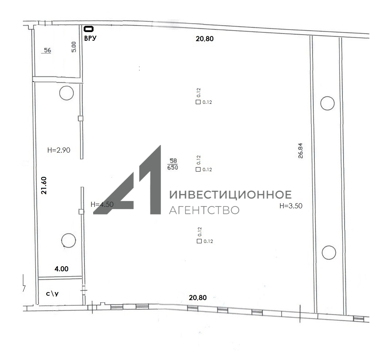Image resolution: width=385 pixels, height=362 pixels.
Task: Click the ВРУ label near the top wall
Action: (x=90, y=38)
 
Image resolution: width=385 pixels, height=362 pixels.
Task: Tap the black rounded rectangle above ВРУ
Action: (x=89, y=29)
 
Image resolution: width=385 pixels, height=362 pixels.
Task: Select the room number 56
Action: (x=47, y=50)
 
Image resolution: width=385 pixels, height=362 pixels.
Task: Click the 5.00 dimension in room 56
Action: (x=74, y=47)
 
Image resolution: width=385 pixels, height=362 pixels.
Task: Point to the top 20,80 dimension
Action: (x=205, y=39)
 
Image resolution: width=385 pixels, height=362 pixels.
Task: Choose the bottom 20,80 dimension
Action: (x=198, y=298)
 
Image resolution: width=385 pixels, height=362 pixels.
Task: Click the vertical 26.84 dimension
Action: (x=301, y=151)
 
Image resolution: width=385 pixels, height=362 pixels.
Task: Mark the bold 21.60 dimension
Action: (x=44, y=185)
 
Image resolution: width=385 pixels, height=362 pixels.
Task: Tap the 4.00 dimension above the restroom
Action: (x=61, y=269)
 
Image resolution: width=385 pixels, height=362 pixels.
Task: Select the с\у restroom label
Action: (x=52, y=294)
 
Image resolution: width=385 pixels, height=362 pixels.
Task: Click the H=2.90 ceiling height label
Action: (x=59, y=150)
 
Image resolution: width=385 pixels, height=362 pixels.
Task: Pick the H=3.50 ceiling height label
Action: (x=291, y=206)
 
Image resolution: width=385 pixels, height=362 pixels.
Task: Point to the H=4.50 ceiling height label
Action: (x=102, y=204)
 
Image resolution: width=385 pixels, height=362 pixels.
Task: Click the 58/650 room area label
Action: (x=173, y=164)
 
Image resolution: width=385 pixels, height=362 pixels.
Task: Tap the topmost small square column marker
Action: (x=198, y=102)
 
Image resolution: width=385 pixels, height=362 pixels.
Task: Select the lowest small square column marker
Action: (x=199, y=241)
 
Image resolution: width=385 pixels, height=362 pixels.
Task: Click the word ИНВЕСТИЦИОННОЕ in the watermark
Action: (x=231, y=195)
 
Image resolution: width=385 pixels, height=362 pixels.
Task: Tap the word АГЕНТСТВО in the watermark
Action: (x=204, y=210)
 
